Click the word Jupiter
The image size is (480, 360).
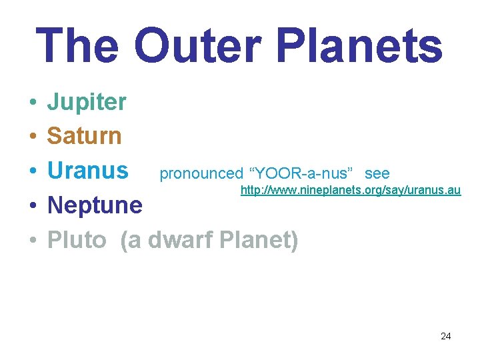(x=86, y=103)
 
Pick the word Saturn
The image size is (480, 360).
(x=84, y=136)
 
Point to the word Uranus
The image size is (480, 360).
(x=87, y=171)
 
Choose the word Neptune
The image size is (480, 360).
(x=95, y=205)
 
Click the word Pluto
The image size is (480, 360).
(x=77, y=239)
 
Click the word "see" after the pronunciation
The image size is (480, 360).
(x=377, y=174)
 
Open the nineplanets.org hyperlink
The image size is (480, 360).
(x=350, y=191)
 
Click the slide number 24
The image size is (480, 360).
(x=445, y=336)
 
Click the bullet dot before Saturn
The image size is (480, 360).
(x=32, y=137)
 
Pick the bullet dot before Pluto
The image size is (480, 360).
(x=32, y=241)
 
